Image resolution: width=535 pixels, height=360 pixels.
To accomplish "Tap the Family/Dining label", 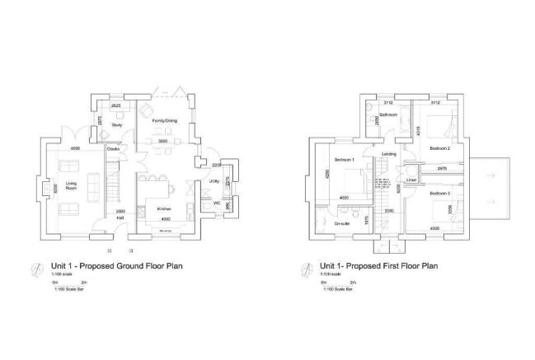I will coord(165,120).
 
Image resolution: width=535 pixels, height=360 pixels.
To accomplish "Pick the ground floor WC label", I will coord(216,203).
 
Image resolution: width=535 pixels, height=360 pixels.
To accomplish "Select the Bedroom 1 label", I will coord(345,158).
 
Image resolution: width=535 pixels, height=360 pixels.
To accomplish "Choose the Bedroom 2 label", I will coord(439,149).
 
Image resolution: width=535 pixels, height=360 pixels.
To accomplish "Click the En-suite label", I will coord(343,223).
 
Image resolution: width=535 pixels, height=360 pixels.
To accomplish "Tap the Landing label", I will coord(390,153).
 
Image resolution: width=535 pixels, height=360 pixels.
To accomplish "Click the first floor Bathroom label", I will coord(388,114).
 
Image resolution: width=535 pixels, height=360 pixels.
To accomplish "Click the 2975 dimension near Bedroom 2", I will coord(442,169).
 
